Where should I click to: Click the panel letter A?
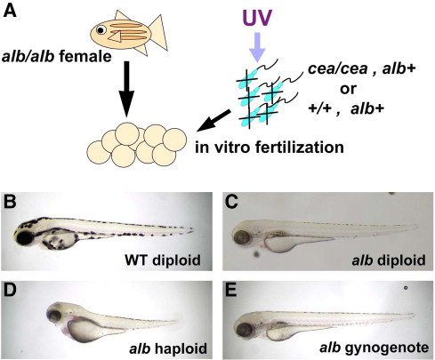tap(10, 12)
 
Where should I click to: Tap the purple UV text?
tap(257, 19)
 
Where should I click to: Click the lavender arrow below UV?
tap(257, 47)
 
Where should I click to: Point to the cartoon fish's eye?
tap(101, 30)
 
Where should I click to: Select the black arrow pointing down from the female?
tap(126, 89)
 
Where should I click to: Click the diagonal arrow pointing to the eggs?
tap(214, 120)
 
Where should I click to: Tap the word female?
tap(85, 57)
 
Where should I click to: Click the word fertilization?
tap(291, 148)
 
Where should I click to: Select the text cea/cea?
tap(337, 69)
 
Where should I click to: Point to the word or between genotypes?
tap(348, 89)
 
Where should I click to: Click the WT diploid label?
tap(163, 260)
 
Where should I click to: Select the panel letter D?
tap(10, 291)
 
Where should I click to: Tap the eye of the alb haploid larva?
tap(55, 316)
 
